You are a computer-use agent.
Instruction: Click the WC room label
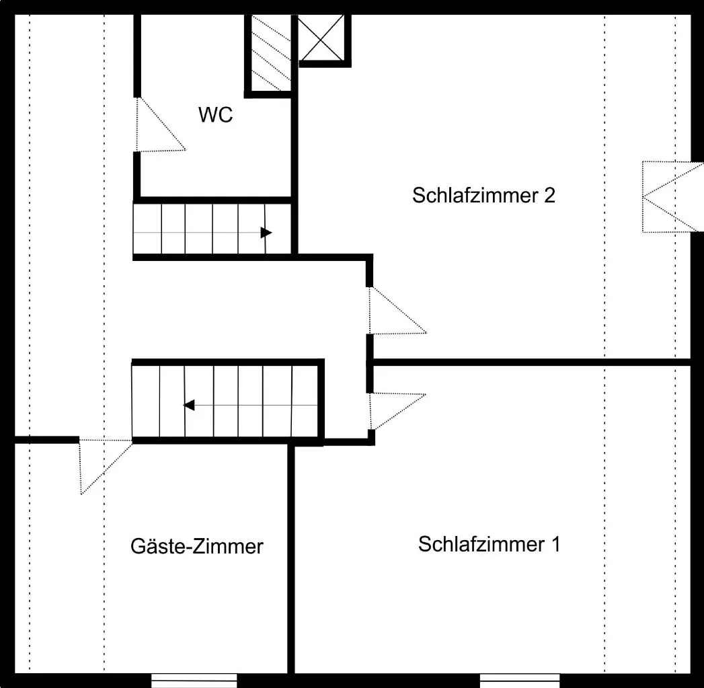point(216,114)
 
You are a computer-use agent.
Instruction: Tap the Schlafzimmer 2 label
point(483,195)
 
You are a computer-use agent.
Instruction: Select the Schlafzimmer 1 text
point(490,544)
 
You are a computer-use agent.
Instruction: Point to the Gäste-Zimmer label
point(196,546)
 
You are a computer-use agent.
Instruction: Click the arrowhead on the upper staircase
point(266,233)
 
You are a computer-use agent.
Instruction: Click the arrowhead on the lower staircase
point(189,405)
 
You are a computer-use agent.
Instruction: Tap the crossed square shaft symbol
point(321,37)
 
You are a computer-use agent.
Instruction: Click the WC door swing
point(160,124)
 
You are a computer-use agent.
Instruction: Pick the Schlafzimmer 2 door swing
point(397,310)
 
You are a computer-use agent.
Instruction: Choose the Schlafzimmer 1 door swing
point(397,412)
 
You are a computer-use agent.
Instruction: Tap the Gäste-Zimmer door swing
point(106,467)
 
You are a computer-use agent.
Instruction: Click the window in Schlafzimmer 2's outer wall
point(672,196)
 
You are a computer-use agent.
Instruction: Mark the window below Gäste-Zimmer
point(194,681)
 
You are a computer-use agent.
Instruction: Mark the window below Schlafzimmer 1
point(520,681)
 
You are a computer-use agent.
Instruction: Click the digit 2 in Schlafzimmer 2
point(550,195)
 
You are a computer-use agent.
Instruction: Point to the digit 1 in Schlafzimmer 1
point(556,544)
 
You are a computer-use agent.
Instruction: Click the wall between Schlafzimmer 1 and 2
point(532,362)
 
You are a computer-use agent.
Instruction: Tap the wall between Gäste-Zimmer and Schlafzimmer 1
point(291,559)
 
